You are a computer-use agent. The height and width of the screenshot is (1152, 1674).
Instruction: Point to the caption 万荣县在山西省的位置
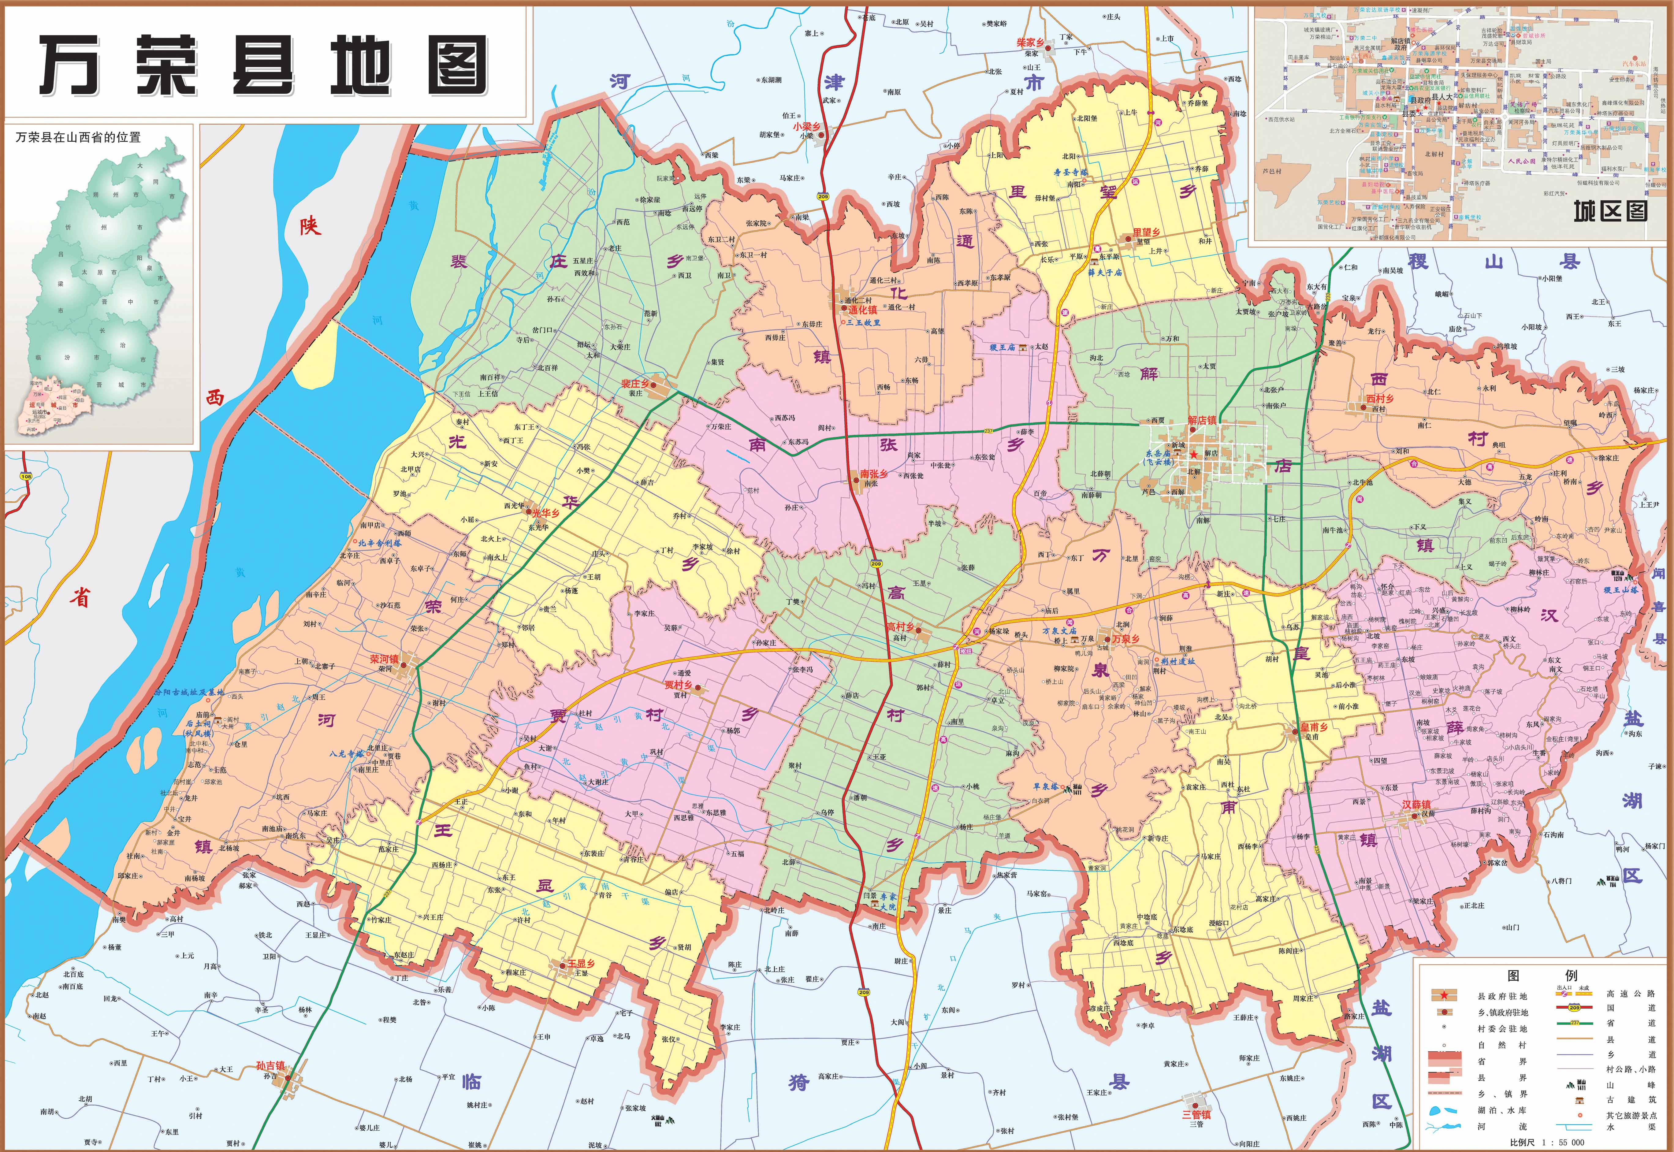click(78, 137)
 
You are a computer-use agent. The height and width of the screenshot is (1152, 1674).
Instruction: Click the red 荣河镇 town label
click(384, 659)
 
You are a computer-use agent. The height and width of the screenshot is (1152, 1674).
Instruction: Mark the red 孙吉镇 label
click(271, 1065)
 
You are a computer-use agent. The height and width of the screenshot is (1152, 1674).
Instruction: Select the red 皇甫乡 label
click(1314, 728)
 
